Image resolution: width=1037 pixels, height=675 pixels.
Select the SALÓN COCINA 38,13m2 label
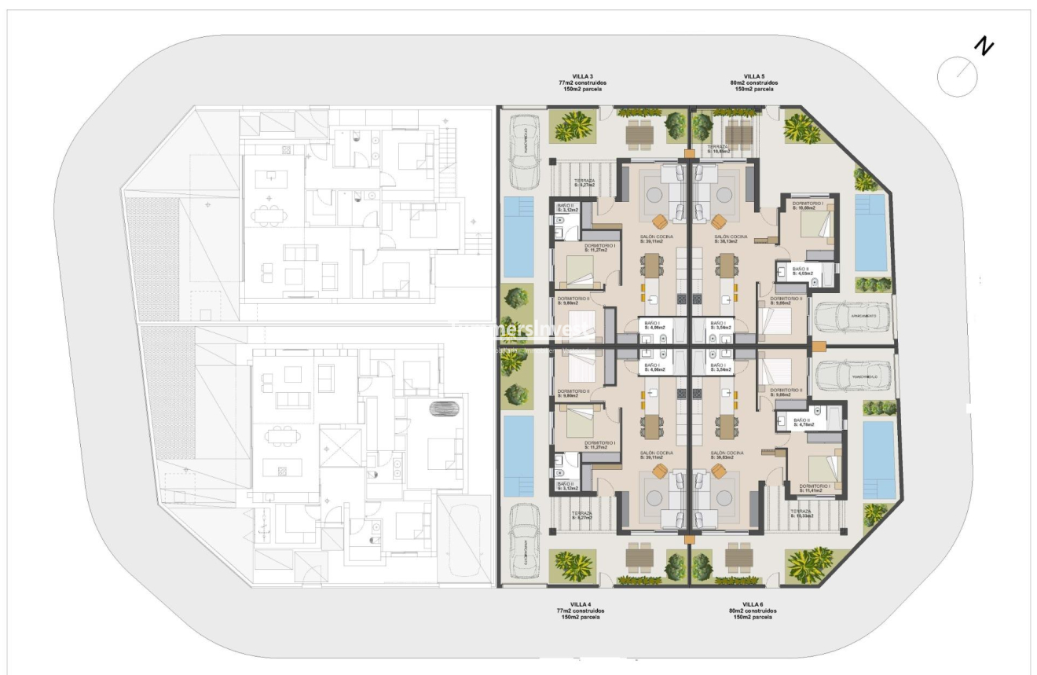click(x=728, y=239)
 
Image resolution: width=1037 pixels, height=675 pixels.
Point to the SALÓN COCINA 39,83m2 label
click(x=727, y=456)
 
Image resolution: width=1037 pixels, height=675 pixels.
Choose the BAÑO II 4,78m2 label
click(x=802, y=423)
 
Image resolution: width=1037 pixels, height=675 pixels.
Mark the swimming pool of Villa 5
click(x=870, y=233)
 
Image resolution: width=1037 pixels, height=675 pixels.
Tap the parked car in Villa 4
click(x=523, y=541)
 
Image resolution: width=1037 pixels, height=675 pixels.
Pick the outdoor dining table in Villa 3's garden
click(x=640, y=134)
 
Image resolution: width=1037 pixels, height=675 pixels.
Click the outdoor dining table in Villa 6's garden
click(x=739, y=559)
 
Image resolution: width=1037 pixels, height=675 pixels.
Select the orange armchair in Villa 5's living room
click(x=718, y=219)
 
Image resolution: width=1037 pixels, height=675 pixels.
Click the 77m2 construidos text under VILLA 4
click(x=581, y=611)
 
